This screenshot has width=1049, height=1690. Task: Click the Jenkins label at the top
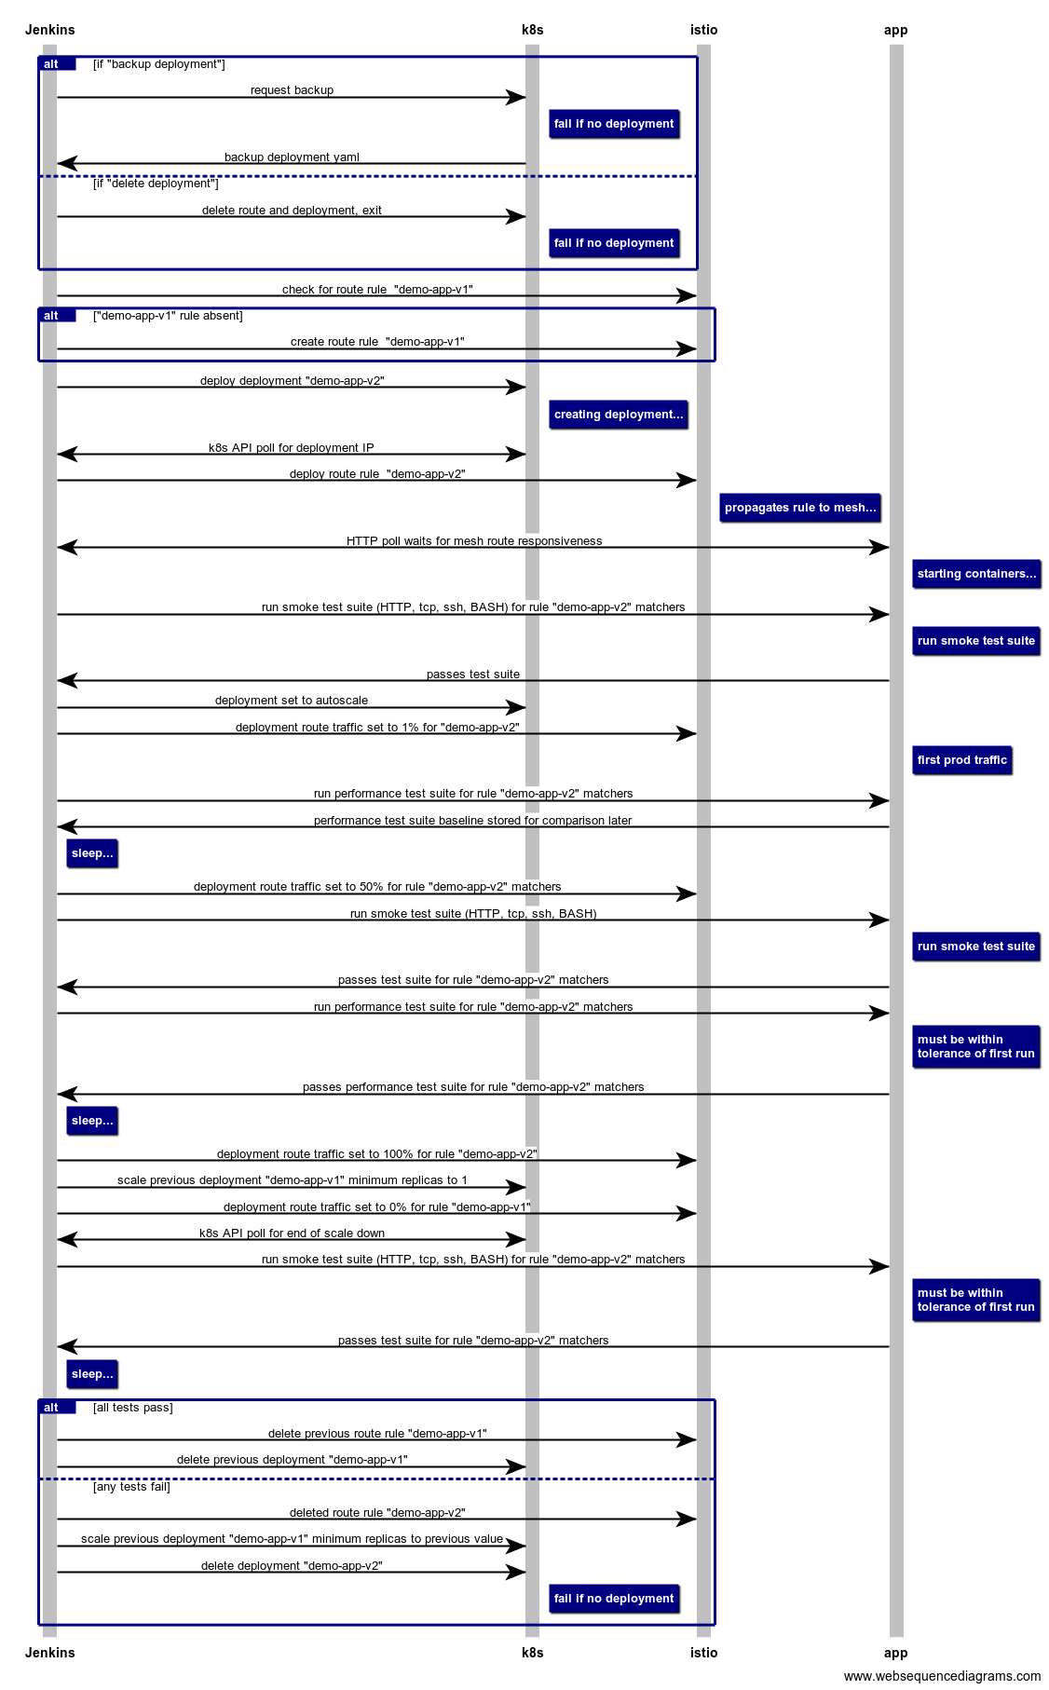point(50,30)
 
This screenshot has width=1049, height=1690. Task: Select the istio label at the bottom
point(703,1652)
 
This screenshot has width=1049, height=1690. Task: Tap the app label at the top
point(895,30)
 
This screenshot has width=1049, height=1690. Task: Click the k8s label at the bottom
point(532,1652)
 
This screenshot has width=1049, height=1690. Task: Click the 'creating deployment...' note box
point(618,415)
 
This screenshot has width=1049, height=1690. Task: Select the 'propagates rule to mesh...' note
point(799,508)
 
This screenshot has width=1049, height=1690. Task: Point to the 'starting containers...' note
point(975,574)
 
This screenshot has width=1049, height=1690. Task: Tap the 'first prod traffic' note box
point(961,760)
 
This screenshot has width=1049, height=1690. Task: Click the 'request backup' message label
point(292,90)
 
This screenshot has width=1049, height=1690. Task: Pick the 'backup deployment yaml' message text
point(292,157)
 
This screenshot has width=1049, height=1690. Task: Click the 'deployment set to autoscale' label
point(292,701)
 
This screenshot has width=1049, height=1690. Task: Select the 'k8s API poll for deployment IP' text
point(292,448)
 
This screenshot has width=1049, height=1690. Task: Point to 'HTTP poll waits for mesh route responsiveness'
point(474,541)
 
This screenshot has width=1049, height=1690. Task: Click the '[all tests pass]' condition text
point(132,1408)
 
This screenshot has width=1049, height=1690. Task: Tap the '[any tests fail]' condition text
point(131,1487)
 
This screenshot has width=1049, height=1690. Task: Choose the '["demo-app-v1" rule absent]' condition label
point(168,316)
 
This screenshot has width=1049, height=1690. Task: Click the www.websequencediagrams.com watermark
point(942,1676)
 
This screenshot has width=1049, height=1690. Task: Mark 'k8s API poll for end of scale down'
point(292,1233)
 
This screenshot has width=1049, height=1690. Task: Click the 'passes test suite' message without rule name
point(473,675)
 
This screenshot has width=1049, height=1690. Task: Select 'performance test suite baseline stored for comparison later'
point(473,821)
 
